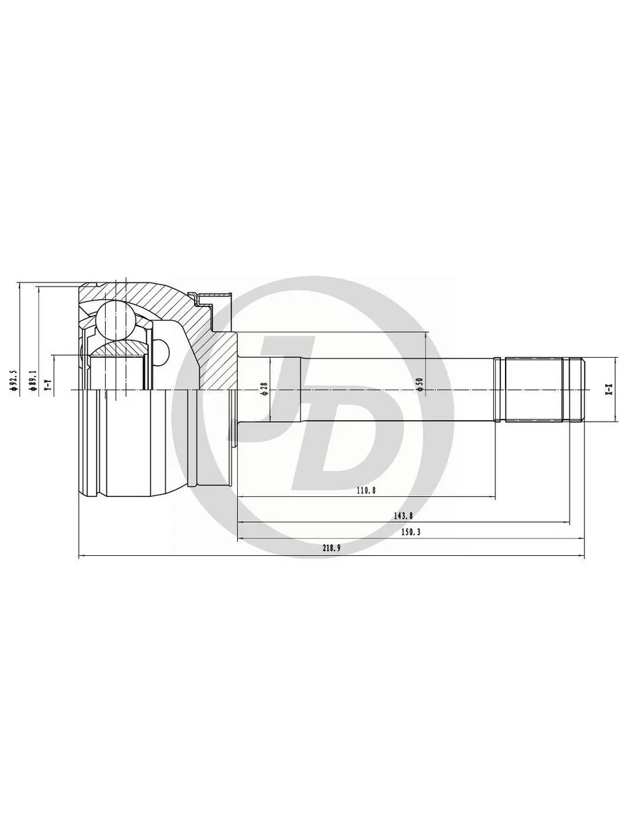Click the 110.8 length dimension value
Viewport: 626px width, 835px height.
(367, 491)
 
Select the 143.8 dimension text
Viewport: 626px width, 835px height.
(403, 516)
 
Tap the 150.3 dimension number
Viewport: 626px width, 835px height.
(410, 532)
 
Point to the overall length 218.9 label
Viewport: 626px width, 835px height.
(331, 548)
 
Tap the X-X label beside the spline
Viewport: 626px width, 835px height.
(609, 390)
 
